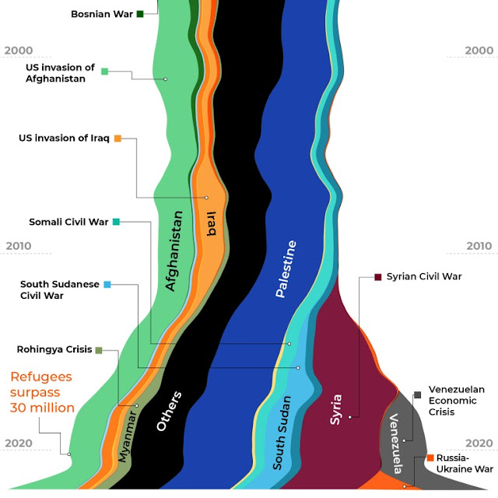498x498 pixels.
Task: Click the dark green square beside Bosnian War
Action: coord(140,14)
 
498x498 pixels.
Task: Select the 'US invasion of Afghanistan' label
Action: coord(60,73)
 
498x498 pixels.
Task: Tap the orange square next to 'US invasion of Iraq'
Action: coord(118,139)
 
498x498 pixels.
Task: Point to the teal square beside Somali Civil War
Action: coord(116,222)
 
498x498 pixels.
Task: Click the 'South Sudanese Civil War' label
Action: coord(60,290)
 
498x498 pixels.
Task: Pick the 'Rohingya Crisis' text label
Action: coord(54,349)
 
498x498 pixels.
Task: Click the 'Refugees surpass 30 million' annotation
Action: coord(42,392)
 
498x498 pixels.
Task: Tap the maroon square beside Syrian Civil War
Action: coord(378,276)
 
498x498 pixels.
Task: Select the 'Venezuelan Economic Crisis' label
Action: coord(456,400)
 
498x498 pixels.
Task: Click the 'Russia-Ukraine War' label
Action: coord(465,464)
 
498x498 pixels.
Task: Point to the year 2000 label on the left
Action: coord(18,51)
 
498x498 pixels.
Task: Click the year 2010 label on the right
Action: coord(479,247)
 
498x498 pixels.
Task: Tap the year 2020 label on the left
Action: coord(18,444)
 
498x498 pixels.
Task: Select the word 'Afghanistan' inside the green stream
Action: coord(175,251)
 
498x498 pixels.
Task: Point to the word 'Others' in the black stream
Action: coord(169,412)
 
